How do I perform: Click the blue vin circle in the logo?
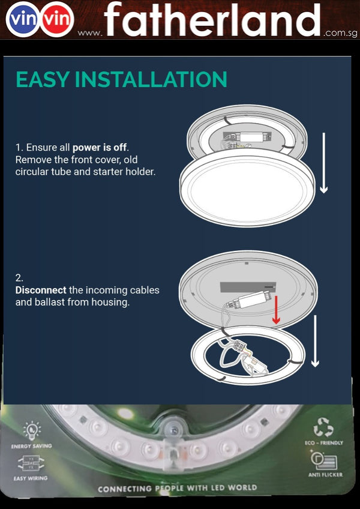point(22,19)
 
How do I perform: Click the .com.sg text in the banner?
point(340,33)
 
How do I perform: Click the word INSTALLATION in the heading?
point(151,79)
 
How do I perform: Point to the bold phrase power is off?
point(100,148)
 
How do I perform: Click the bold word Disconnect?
point(41,290)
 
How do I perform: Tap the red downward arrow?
point(276,309)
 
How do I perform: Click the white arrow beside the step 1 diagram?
point(323,163)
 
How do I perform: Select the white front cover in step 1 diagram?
point(247,188)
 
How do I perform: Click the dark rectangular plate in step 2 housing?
point(248,287)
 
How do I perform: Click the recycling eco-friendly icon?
point(323,427)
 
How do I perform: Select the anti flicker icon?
point(323,461)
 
